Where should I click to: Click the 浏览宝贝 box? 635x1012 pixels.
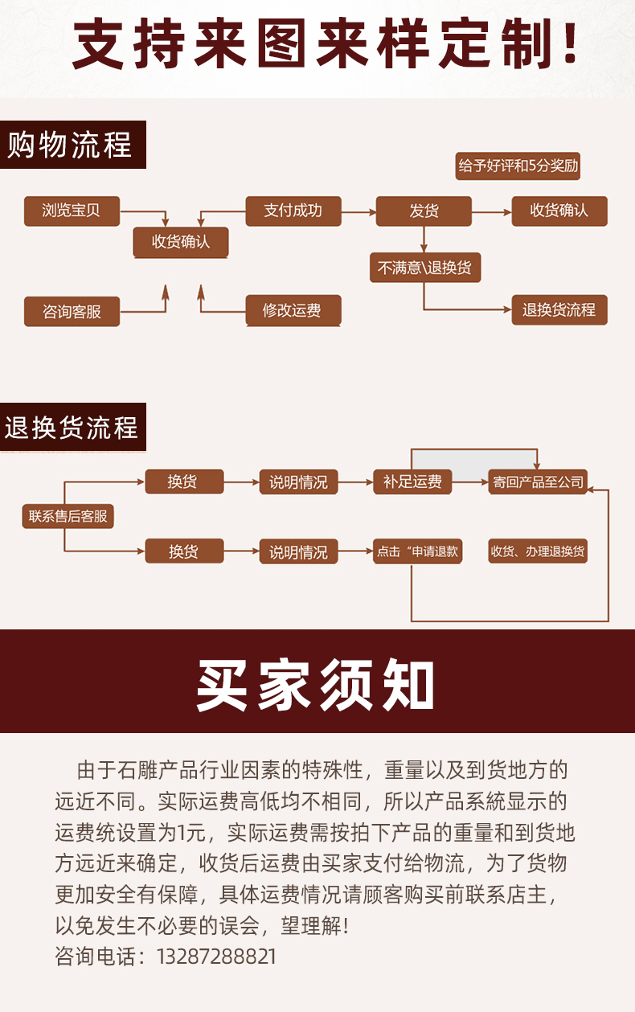click(72, 211)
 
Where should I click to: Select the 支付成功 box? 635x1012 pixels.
click(293, 211)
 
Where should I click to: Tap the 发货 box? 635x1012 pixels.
click(424, 211)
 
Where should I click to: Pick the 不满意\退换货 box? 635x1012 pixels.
click(425, 268)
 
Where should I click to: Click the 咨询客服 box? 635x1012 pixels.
click(72, 311)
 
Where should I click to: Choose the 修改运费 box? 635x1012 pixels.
click(293, 310)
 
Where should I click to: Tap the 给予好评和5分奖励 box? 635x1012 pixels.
click(518, 166)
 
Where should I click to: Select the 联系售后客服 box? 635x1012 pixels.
click(68, 516)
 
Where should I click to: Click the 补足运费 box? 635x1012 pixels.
click(412, 481)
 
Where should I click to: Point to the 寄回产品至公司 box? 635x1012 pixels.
click(538, 481)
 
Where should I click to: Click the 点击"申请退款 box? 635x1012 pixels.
click(417, 551)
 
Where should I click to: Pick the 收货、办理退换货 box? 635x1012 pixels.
click(538, 551)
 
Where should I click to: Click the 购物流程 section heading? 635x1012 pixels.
click(72, 145)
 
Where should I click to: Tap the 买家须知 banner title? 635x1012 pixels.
click(315, 685)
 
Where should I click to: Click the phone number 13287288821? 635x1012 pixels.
click(216, 957)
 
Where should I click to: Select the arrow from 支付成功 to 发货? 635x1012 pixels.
click(358, 211)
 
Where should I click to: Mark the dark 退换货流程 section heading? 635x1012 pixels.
click(72, 427)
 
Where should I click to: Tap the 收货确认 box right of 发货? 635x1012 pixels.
click(559, 211)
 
